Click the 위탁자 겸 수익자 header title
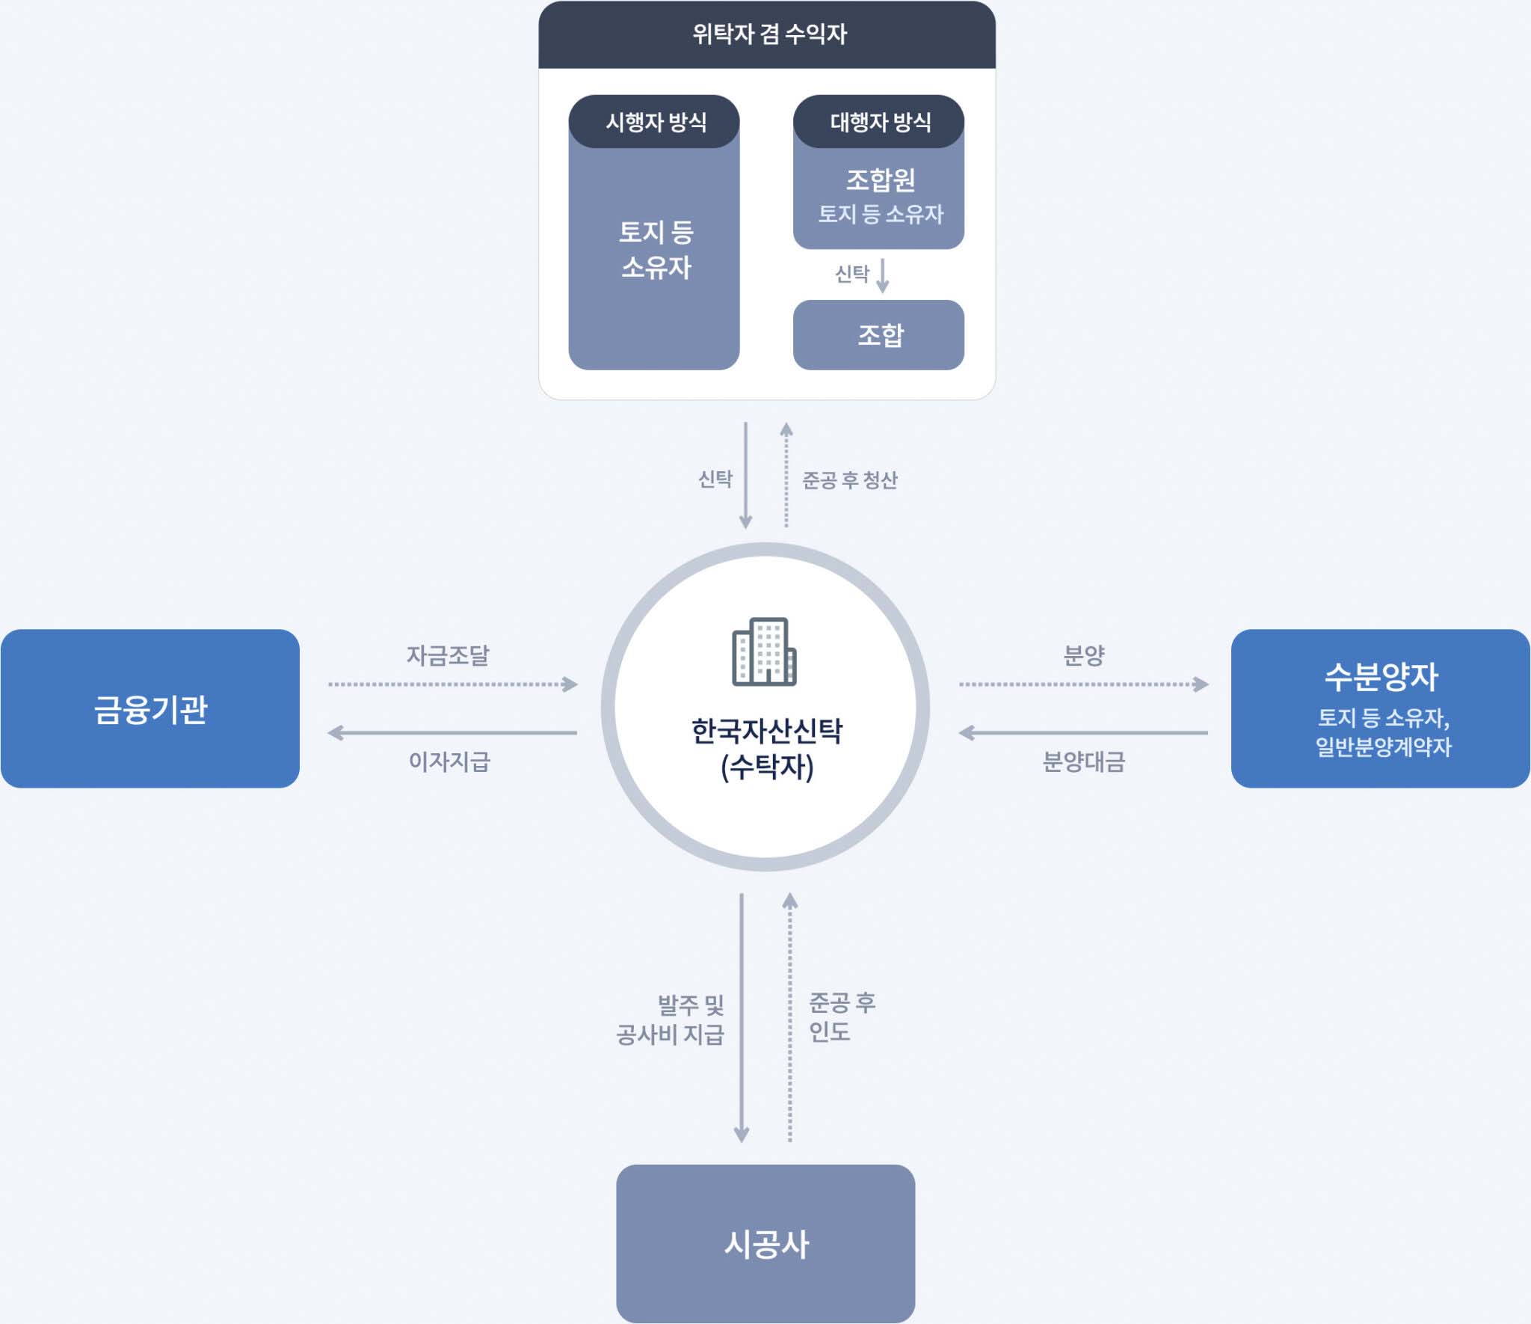click(768, 34)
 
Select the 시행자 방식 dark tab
click(655, 122)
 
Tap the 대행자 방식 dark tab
click(879, 122)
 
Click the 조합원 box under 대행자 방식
click(879, 196)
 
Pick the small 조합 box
click(879, 334)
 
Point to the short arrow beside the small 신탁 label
click(883, 275)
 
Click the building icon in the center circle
click(764, 652)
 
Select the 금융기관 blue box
click(150, 708)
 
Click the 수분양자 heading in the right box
click(1381, 676)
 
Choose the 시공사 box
click(765, 1244)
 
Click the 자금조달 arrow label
click(447, 655)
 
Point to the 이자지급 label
click(449, 761)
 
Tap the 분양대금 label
click(1083, 761)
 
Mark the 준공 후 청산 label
click(849, 479)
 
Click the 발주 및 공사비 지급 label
click(671, 1019)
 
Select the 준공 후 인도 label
click(841, 1017)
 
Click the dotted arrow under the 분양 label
click(1083, 684)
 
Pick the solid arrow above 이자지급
click(452, 733)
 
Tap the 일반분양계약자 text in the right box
click(1383, 747)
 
